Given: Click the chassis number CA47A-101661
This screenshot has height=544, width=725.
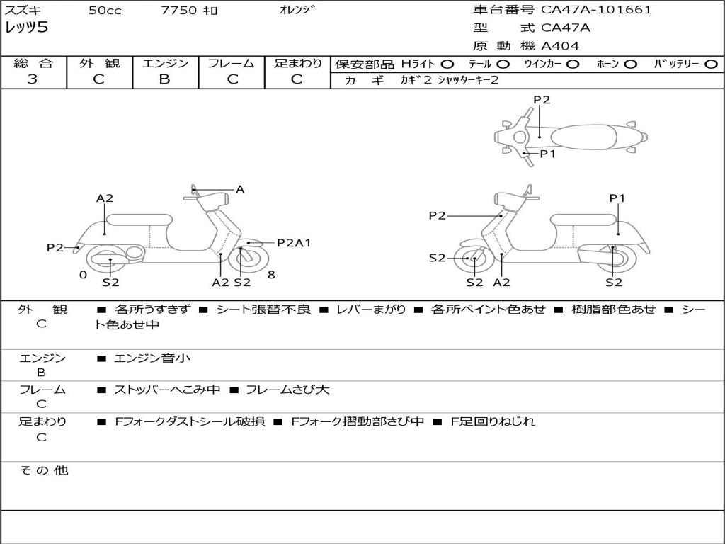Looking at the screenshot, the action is tap(596, 10).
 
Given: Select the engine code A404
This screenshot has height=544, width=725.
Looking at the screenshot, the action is tap(560, 46).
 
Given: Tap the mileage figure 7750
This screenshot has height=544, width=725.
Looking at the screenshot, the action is tap(178, 11).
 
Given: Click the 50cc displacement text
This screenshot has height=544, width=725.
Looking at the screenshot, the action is tap(104, 11).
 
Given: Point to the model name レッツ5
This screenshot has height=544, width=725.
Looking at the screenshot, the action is tap(25, 28).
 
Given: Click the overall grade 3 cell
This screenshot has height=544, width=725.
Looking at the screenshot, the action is tap(33, 79).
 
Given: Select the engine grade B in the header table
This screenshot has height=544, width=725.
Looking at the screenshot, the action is tap(164, 79).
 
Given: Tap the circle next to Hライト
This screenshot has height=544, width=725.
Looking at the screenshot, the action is tap(447, 64).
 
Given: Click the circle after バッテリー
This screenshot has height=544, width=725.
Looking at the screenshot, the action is tap(711, 64).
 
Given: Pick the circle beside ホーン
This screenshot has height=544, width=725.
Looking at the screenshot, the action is tap(630, 64).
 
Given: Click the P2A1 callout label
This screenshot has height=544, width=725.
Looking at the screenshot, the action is tap(294, 243).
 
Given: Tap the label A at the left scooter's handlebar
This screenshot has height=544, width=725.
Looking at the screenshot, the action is tap(240, 189).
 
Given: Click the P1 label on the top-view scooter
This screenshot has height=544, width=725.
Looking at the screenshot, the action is tap(548, 153).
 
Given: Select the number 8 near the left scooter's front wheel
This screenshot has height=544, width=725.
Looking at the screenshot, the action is tap(271, 275).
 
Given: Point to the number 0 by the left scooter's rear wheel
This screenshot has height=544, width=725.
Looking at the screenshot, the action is tap(83, 275).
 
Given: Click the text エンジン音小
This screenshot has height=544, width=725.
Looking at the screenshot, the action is tap(152, 358).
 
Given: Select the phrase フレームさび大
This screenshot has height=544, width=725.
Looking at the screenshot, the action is tap(286, 390).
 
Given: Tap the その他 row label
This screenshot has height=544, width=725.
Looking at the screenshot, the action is tap(43, 470).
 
